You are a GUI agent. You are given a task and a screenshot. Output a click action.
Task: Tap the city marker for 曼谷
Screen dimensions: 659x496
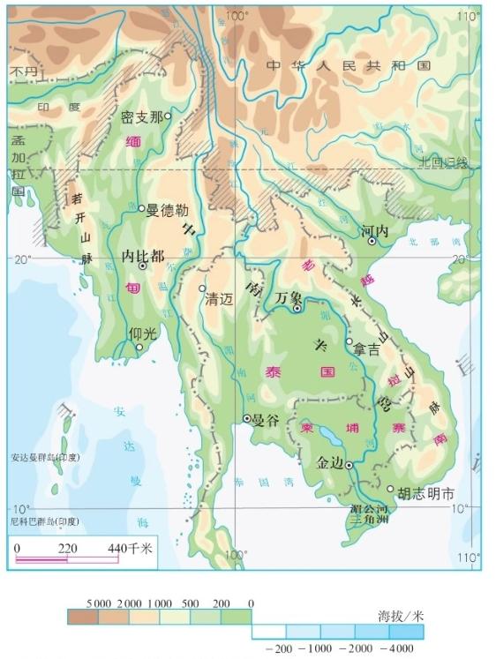click(247, 418)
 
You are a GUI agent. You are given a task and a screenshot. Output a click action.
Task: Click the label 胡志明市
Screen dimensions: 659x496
click(426, 494)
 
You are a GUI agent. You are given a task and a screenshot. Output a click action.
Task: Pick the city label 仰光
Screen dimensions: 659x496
click(142, 334)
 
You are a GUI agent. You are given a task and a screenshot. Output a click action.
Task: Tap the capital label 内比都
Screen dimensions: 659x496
click(142, 256)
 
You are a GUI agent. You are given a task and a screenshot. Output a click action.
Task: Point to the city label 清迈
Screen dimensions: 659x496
click(221, 299)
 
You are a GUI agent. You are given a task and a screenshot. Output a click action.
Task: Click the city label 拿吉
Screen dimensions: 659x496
click(366, 349)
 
